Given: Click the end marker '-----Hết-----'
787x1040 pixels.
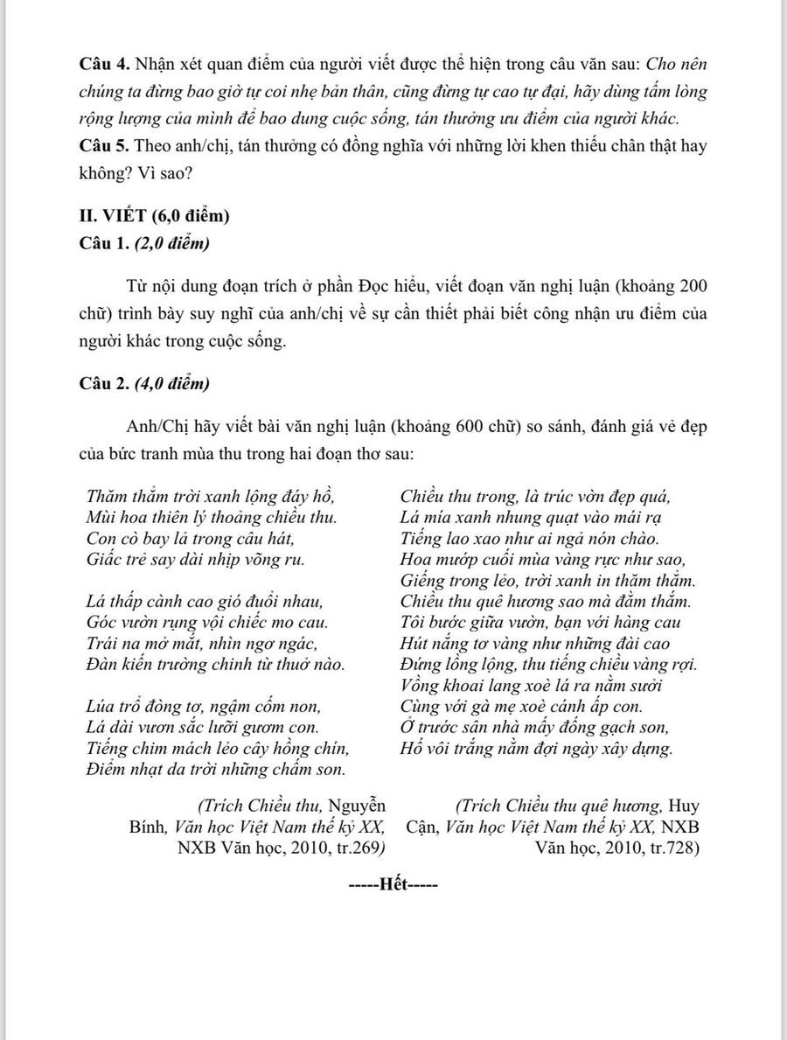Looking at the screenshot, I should pyautogui.click(x=393, y=884).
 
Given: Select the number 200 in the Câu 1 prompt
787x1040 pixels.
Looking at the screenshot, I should pyautogui.click(x=692, y=287).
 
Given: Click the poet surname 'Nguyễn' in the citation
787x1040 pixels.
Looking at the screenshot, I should pyautogui.click(x=359, y=806).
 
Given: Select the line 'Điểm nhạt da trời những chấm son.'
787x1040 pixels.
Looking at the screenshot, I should pyautogui.click(x=215, y=770).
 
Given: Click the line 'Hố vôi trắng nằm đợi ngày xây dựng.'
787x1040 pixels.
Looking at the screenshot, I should pyautogui.click(x=536, y=749).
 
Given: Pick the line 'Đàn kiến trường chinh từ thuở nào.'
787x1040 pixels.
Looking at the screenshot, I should pyautogui.click(x=215, y=664).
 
